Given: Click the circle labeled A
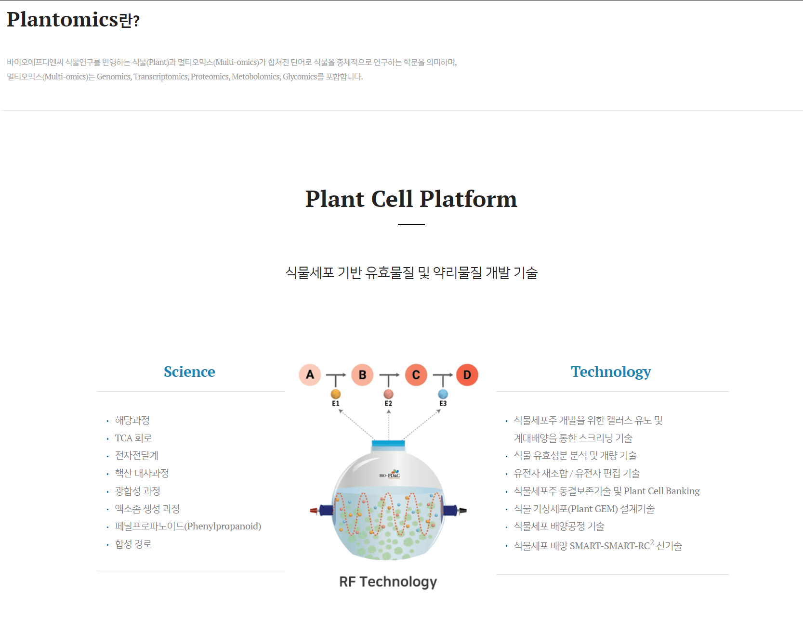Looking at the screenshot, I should point(310,375).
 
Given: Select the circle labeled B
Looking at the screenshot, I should point(362,375).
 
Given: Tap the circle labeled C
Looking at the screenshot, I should point(416,375).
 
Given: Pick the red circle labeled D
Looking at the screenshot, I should point(467,375).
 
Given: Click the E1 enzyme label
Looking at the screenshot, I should point(336,404).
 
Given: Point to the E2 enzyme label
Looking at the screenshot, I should point(388,404).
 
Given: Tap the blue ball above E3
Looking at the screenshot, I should point(443,394).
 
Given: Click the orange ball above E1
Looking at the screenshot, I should point(336,394).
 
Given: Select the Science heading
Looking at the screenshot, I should point(189,372).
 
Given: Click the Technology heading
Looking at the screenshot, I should point(611,372).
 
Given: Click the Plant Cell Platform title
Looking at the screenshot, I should point(411,199).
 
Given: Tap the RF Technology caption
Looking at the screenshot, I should point(388,582).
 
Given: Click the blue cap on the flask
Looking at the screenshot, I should point(388,443).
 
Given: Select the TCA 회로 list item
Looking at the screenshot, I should point(133,438).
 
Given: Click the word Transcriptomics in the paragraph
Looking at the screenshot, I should point(160,77).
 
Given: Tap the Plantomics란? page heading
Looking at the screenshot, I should point(73,20).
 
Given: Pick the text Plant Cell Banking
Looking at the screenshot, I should point(661,491).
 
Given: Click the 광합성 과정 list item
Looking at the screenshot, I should point(137,491).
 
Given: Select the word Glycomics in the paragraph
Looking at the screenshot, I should point(299,77).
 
